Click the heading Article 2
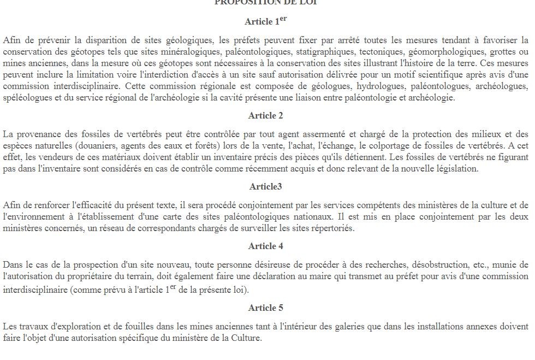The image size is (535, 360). [x=265, y=115]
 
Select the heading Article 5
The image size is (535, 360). [x=265, y=308]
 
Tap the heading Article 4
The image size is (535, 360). [x=265, y=246]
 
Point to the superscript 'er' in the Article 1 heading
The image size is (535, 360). [x=283, y=19]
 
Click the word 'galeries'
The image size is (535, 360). [x=328, y=327]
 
